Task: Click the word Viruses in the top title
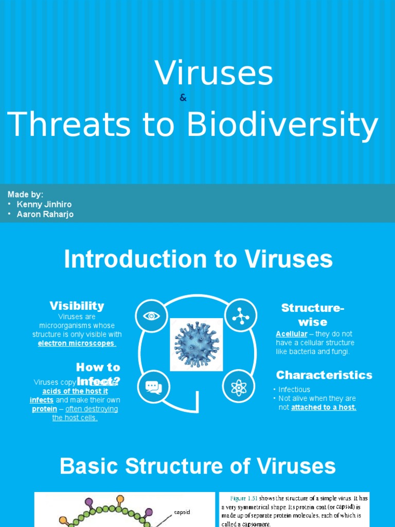coord(213,73)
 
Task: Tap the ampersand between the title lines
coord(183,98)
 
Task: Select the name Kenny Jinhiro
coord(44,204)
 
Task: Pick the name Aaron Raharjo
coord(45,214)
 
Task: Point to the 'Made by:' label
coord(25,194)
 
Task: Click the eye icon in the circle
coord(152,315)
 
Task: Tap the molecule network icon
coord(239,315)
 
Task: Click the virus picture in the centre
coord(196,343)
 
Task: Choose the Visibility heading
coord(77,306)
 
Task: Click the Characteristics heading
coord(324,375)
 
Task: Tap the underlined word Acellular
coord(292,334)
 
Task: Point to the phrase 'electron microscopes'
coord(77,343)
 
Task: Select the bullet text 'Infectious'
coord(294,390)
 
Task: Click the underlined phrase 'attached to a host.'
coord(324,407)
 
